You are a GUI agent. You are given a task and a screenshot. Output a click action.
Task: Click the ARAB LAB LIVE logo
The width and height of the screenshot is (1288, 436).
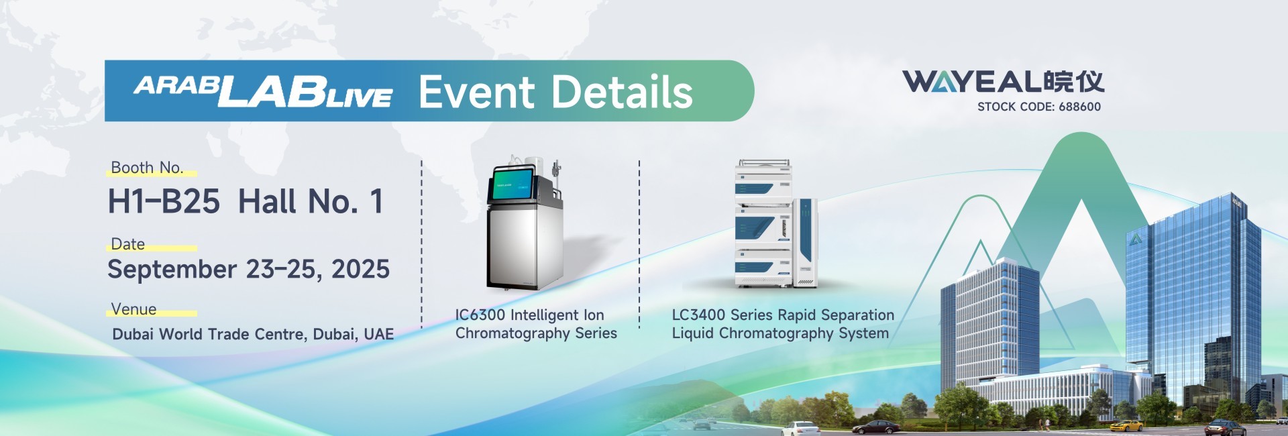263,91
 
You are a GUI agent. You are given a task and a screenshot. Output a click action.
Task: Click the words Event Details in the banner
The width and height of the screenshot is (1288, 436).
555,92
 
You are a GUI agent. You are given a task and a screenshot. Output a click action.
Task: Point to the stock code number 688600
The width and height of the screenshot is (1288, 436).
1079,107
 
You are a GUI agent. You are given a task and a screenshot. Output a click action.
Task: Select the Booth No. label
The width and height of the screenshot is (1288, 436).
147,168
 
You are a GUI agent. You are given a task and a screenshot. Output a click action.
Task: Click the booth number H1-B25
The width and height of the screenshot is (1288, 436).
164,201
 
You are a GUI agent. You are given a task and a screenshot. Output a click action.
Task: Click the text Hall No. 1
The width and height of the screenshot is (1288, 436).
311,201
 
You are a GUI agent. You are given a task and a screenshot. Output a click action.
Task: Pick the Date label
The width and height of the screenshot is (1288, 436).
128,244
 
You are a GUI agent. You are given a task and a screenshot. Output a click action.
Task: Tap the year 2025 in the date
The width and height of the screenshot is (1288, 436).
361,269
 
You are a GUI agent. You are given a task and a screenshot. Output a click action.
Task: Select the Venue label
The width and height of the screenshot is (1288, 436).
133,309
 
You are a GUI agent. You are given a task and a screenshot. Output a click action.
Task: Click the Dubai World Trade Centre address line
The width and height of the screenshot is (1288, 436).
253,334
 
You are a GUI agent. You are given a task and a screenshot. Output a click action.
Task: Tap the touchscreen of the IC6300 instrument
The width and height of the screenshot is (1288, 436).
513,184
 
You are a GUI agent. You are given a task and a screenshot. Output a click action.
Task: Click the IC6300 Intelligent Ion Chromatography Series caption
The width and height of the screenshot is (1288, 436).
536,324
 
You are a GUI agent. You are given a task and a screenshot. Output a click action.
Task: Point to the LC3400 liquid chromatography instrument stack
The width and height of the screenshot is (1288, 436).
775,224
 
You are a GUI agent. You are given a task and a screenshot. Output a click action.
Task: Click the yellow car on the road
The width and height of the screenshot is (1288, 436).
1126,425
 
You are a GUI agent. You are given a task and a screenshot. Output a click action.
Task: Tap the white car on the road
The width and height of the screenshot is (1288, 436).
800,428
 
